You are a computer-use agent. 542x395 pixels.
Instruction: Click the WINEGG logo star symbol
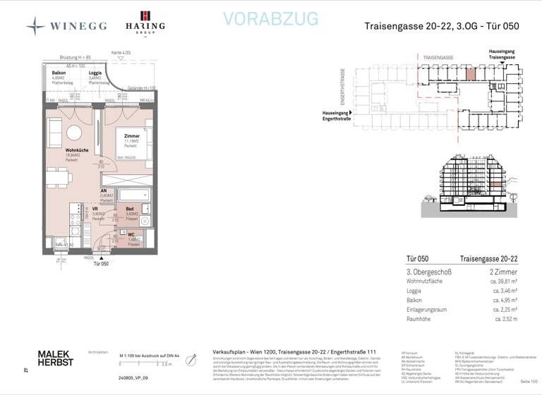coord(35,25)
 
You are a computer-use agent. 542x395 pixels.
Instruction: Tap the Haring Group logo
coord(145,23)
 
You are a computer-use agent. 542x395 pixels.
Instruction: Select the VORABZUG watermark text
coord(270,19)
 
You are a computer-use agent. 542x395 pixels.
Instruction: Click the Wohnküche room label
coord(76,150)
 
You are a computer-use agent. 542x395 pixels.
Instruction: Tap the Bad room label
coord(130,209)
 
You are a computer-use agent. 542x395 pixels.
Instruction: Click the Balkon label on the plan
coord(59,73)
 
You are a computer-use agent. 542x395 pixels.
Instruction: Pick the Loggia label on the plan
coord(95,73)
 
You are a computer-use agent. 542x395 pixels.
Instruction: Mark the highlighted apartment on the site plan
coord(470,71)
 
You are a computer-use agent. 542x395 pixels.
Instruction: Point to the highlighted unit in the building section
coord(497,184)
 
